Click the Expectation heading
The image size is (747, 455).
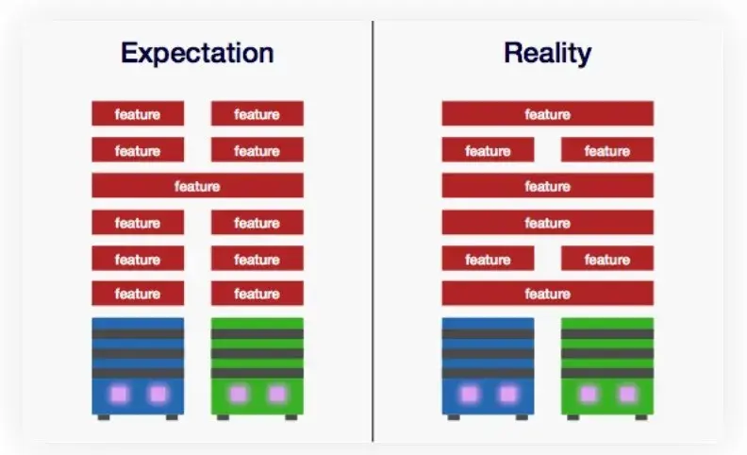[x=197, y=54]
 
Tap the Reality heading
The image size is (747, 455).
[x=547, y=54]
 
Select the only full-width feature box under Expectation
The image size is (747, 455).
[x=197, y=186]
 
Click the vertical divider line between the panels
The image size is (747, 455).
[x=373, y=231]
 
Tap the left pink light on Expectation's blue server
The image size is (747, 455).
[x=119, y=395]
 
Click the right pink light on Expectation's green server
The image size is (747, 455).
[x=277, y=395]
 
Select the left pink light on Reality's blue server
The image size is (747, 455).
[x=470, y=395]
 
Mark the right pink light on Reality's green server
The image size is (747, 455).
[x=627, y=395]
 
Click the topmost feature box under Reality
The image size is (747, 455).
[x=547, y=113]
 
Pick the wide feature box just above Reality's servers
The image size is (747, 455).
[x=547, y=294]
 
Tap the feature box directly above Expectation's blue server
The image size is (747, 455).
[x=138, y=294]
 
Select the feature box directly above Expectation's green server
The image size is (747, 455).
[x=257, y=294]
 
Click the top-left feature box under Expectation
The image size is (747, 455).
[x=138, y=113]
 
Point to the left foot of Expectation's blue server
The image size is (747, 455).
[x=104, y=417]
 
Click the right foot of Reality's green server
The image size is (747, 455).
[x=641, y=417]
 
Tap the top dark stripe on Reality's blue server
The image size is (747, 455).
[x=488, y=334]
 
